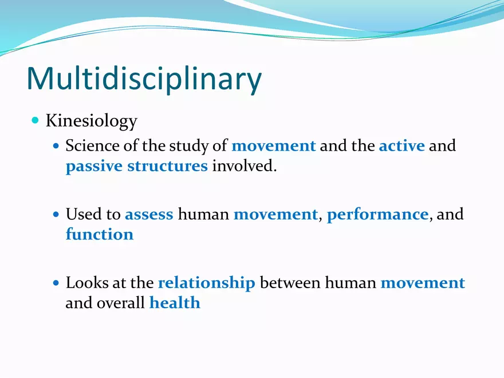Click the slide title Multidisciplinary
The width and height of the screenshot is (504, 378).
pyautogui.click(x=144, y=79)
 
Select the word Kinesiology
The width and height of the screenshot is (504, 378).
pyautogui.click(x=91, y=121)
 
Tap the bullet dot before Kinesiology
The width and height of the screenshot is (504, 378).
pyautogui.click(x=36, y=120)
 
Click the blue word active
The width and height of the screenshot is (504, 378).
pyautogui.click(x=401, y=145)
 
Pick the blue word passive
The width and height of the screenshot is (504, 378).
pyautogui.click(x=94, y=166)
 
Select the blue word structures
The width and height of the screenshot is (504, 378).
pyautogui.click(x=167, y=166)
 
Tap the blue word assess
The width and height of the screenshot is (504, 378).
pyautogui.click(x=149, y=214)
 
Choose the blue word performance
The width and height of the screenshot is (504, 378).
pyautogui.click(x=377, y=214)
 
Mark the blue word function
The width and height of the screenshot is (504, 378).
pyautogui.click(x=100, y=234)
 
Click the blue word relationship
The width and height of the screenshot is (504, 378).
pyautogui.click(x=206, y=283)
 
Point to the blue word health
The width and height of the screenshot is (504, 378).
pyautogui.click(x=175, y=303)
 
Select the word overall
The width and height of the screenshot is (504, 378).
pyautogui.click(x=124, y=303)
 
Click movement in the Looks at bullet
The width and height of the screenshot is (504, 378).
pyautogui.click(x=423, y=283)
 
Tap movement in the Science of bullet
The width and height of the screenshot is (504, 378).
pyautogui.click(x=273, y=145)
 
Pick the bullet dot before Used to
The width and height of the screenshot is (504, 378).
pyautogui.click(x=56, y=215)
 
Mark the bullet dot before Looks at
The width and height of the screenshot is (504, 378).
pyautogui.click(x=56, y=283)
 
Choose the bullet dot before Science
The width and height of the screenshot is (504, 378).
pyautogui.click(x=56, y=146)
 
